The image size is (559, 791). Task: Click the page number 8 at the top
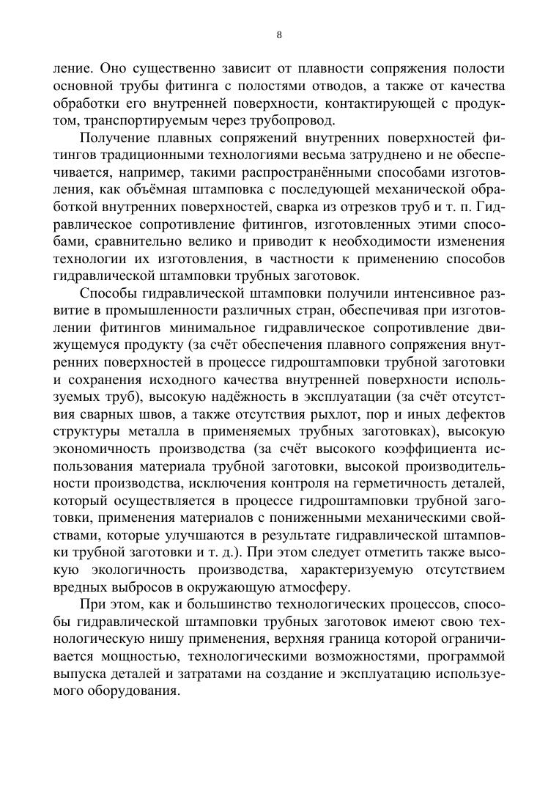279,34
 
